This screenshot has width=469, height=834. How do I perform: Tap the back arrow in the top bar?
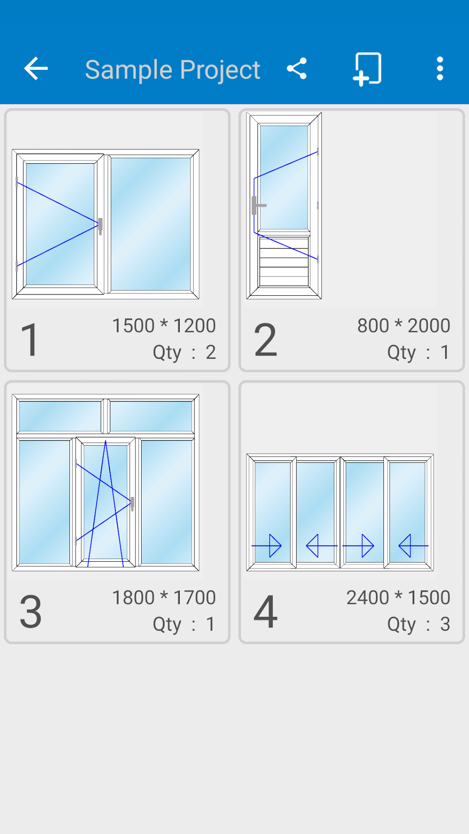[x=36, y=69]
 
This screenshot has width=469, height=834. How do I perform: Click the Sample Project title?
[x=172, y=70]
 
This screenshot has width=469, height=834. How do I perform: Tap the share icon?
[x=297, y=69]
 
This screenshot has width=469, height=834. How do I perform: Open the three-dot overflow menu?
[x=440, y=69]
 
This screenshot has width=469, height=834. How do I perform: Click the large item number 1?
[x=30, y=340]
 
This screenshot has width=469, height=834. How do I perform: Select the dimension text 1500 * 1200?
[x=164, y=326]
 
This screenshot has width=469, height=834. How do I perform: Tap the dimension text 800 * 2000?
[x=403, y=326]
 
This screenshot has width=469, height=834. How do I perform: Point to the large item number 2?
[x=266, y=340]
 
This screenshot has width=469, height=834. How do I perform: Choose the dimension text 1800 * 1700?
[x=164, y=598]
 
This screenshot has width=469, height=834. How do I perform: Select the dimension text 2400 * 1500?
[x=398, y=598]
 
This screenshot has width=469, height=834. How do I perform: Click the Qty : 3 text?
[x=418, y=624]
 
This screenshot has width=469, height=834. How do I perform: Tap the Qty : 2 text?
[x=184, y=352]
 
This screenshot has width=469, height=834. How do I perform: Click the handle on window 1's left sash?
[x=100, y=225]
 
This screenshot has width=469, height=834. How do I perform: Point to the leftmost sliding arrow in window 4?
[x=267, y=546]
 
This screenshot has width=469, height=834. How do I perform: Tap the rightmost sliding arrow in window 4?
[x=413, y=546]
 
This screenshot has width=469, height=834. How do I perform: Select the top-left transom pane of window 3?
[x=60, y=416]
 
